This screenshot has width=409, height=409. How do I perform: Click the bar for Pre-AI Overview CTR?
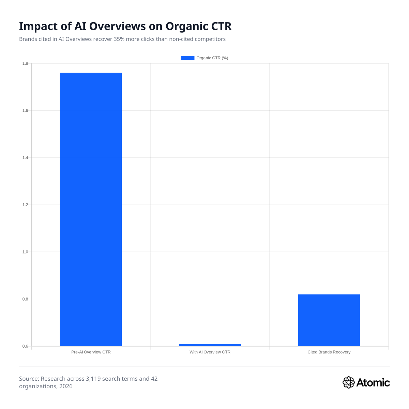91,209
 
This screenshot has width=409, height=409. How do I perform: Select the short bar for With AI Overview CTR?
210,345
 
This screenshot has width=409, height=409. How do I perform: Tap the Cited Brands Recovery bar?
329,320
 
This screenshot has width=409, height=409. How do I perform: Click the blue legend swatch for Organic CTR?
187,58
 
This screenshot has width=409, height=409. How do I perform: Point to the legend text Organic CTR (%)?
212,58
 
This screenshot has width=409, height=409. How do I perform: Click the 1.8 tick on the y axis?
25,63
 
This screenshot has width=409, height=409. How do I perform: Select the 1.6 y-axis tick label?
25,111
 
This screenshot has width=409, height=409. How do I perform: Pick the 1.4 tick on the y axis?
25,158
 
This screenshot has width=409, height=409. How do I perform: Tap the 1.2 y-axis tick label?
25,205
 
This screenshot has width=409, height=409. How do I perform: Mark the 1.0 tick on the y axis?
25,252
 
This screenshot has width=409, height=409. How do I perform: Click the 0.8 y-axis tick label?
25,299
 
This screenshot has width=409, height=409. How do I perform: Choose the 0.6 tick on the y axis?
25,346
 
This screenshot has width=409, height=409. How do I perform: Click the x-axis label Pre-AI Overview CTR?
91,352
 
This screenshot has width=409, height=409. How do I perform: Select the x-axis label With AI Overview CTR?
210,352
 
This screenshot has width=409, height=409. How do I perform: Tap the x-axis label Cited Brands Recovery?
329,352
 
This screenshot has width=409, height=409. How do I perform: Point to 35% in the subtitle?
119,39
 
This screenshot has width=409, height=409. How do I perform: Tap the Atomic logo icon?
348,382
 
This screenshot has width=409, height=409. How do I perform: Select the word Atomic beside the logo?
373,382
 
